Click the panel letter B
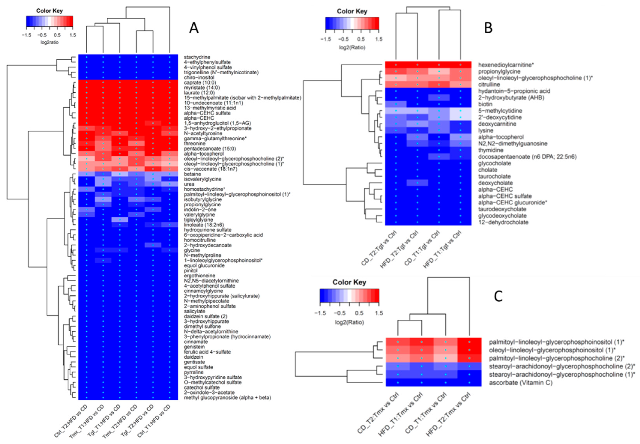[488, 28]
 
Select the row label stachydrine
[197, 57]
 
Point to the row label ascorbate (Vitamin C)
[520, 383]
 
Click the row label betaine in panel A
[192, 174]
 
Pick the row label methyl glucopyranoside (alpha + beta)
[227, 398]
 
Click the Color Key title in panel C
[349, 282]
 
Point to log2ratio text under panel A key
[50, 42]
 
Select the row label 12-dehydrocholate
[503, 222]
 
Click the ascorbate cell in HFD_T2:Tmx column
[469, 383]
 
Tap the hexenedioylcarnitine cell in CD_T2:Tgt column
[396, 65]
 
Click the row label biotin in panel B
[485, 104]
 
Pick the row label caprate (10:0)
[200, 83]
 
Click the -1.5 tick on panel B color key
[326, 39]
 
